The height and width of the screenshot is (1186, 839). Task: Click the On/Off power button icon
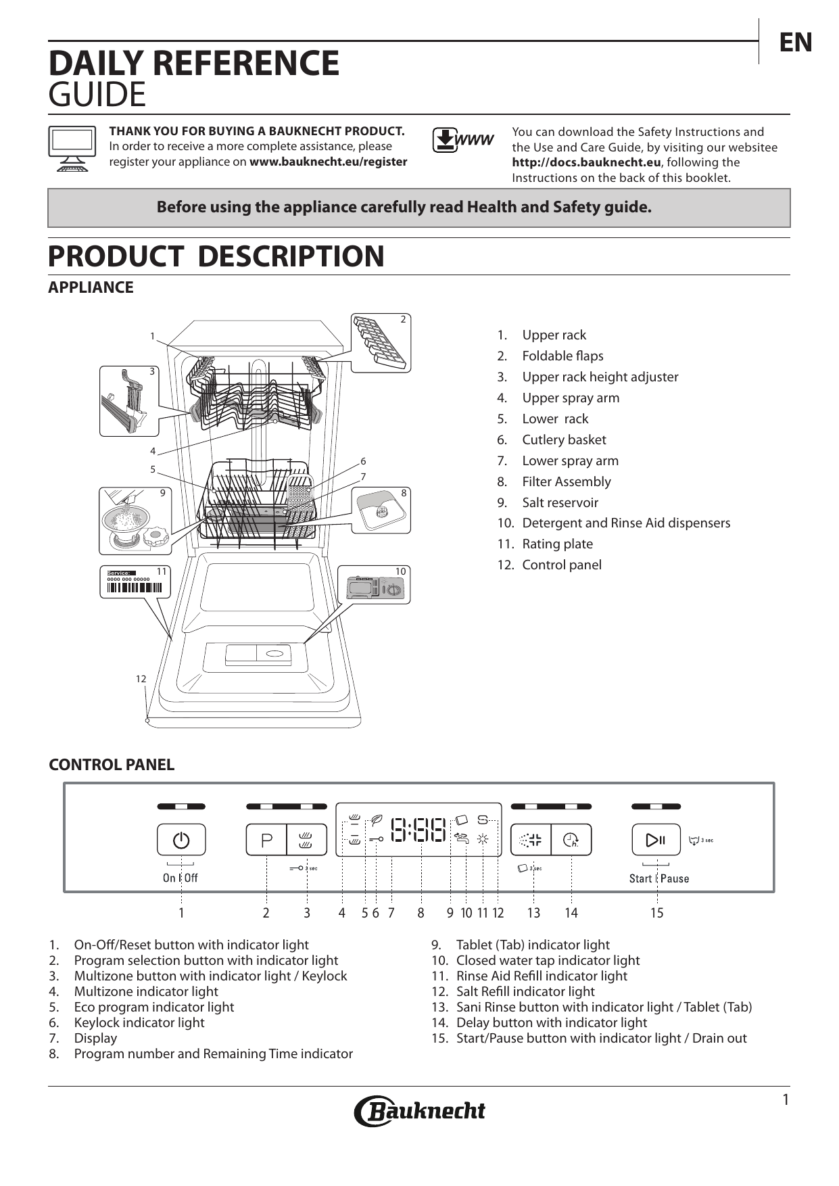(181, 840)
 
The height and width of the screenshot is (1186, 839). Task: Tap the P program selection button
(266, 840)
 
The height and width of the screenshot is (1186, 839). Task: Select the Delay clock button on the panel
(571, 840)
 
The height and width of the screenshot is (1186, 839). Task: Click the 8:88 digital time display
(419, 830)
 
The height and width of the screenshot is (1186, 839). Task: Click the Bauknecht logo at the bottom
(419, 1110)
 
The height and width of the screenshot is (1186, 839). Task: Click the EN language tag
(796, 43)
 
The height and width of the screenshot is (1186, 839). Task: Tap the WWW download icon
(462, 140)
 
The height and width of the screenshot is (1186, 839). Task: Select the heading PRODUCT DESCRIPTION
(216, 256)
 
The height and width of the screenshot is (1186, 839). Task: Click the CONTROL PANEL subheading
(112, 765)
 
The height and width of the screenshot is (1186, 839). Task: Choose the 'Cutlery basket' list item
(564, 440)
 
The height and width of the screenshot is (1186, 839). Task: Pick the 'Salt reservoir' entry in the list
(560, 502)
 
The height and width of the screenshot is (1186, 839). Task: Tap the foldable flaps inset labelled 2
(381, 342)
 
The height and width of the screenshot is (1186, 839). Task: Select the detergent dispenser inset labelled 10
(374, 585)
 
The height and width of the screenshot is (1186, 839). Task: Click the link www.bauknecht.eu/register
(328, 162)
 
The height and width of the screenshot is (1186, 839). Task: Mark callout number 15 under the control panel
(656, 913)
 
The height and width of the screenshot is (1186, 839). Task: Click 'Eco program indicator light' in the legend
(153, 1007)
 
